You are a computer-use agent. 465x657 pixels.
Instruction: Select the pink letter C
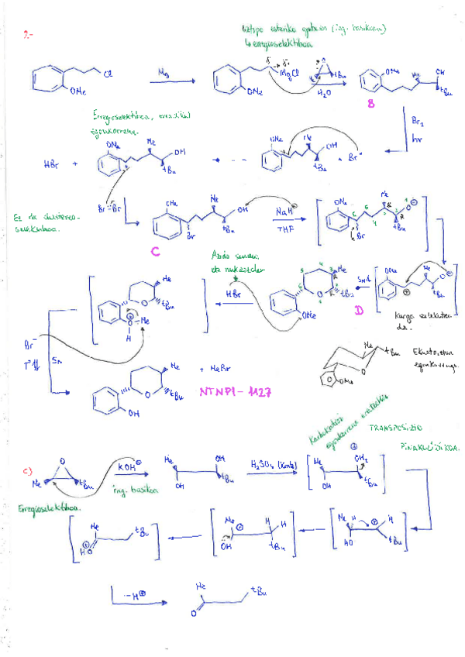pyautogui.click(x=156, y=251)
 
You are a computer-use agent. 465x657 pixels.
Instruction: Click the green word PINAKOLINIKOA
pyautogui.click(x=430, y=449)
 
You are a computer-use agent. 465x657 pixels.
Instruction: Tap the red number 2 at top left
pyautogui.click(x=28, y=36)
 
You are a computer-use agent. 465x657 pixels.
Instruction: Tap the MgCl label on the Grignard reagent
pyautogui.click(x=289, y=74)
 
